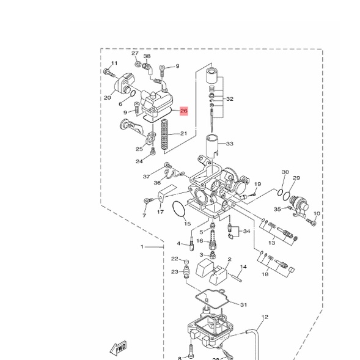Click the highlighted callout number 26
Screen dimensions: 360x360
point(184,111)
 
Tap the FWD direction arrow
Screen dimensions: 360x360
point(119,348)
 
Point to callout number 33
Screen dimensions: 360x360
point(229,144)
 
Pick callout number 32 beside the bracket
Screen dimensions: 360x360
point(230,99)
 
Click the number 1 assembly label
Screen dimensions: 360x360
point(142,246)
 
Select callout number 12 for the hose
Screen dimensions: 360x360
point(265,317)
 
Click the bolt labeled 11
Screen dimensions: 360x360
point(109,73)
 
